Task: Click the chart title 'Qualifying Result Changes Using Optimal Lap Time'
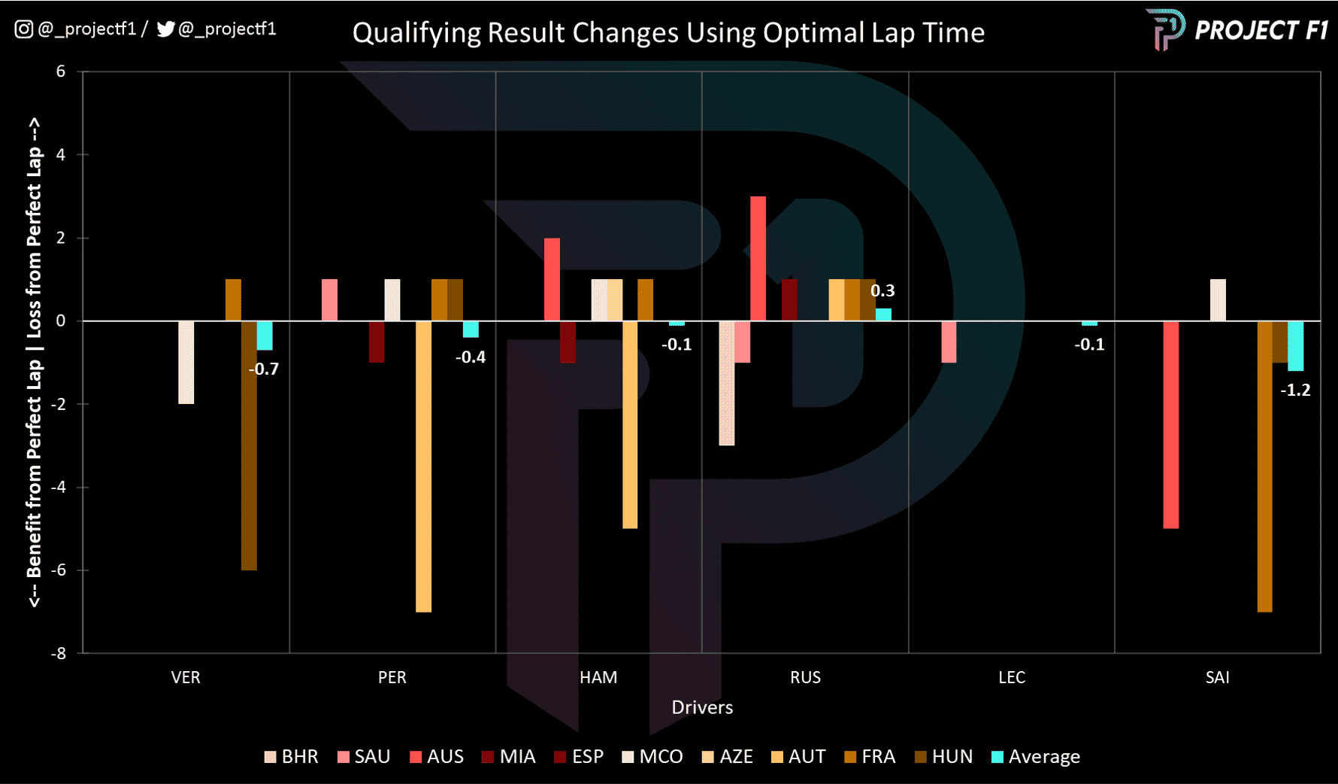[x=668, y=33]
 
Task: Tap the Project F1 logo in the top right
[x=1237, y=30]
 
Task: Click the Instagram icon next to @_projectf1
[x=23, y=29]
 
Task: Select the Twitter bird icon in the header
[x=165, y=29]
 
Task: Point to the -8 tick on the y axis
[x=59, y=653]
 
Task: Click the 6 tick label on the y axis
[x=61, y=71]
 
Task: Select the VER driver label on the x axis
[x=186, y=677]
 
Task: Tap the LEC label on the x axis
[x=1011, y=677]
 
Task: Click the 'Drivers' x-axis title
[x=702, y=707]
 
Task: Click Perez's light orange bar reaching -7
[x=423, y=466]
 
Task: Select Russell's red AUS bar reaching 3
[x=758, y=259]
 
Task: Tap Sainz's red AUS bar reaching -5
[x=1170, y=425]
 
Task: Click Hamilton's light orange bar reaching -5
[x=630, y=425]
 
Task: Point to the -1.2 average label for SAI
[x=1295, y=390]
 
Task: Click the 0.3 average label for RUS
[x=882, y=290]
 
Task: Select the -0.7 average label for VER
[x=264, y=369]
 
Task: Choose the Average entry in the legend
[x=1036, y=757]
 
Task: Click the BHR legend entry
[x=292, y=757]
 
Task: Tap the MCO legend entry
[x=652, y=757]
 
